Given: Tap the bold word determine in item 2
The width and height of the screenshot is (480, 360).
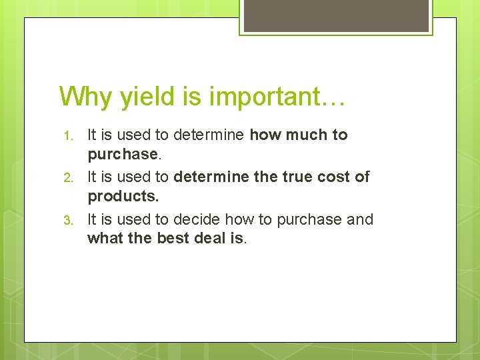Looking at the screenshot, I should point(209,177).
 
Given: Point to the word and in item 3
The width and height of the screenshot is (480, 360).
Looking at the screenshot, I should point(360,219).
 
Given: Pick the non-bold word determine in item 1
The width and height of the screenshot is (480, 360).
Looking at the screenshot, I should point(209,135).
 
